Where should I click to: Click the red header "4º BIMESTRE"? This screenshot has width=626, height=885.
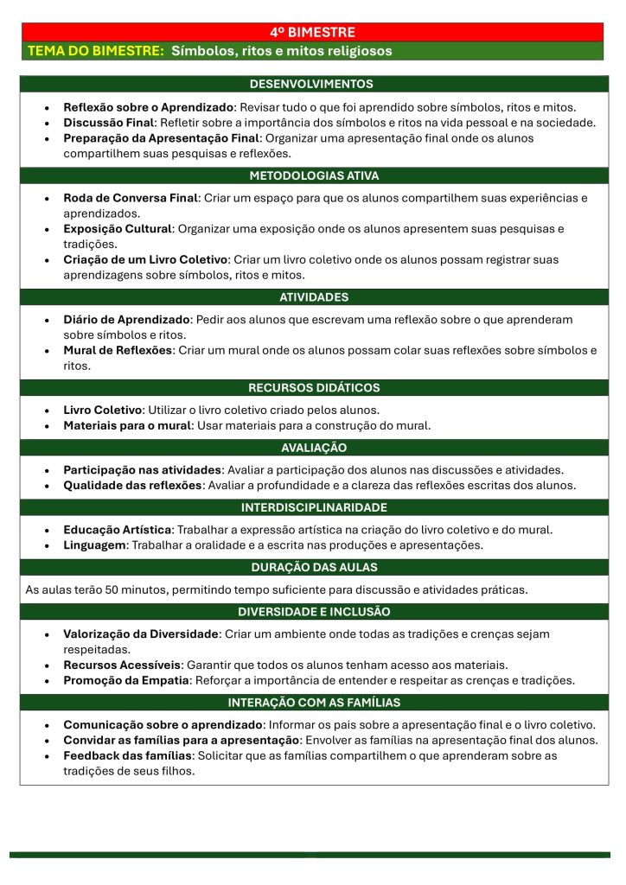pos(312,32)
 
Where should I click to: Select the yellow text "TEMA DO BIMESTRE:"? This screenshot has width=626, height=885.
pos(96,51)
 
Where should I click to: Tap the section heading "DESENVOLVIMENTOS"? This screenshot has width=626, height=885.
pos(312,84)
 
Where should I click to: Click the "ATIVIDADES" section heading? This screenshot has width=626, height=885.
pos(313,297)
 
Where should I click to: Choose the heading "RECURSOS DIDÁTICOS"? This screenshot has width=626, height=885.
pos(313,388)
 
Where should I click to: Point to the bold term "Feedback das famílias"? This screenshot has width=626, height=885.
pos(127,755)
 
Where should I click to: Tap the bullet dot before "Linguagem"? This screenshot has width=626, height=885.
pos(47,545)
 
